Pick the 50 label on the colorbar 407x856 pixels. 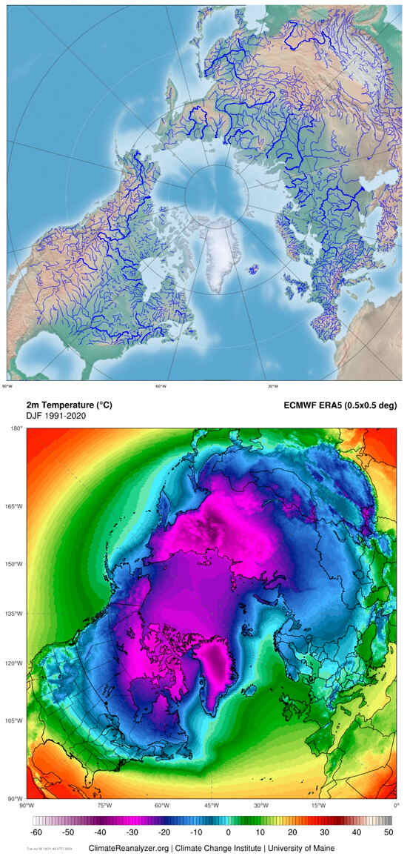pos(387,832)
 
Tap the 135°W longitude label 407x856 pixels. pos(14,614)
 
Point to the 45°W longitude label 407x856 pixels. pos(211,805)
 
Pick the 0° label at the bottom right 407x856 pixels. pos(396,805)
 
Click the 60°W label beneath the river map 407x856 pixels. pos(161,386)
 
